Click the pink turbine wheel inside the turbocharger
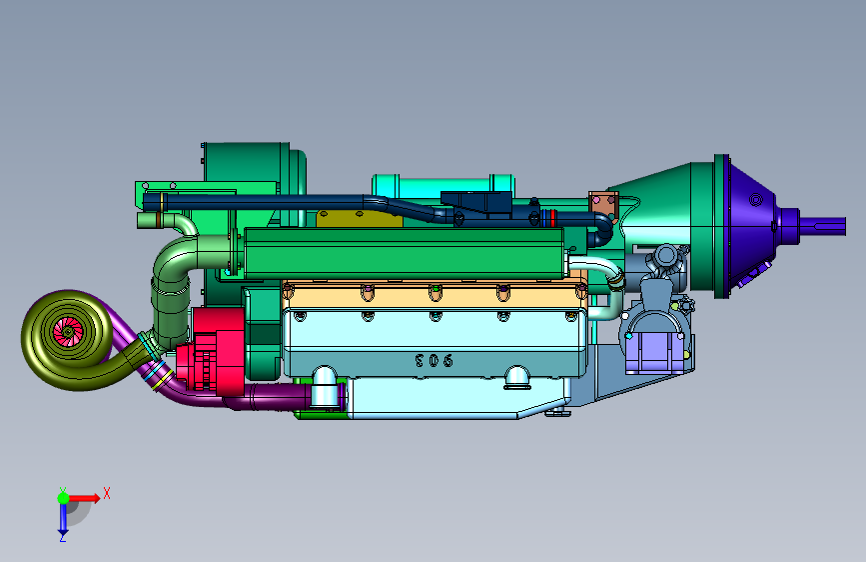(68, 332)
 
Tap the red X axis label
(107, 493)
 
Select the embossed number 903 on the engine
(434, 361)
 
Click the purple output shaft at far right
(823, 225)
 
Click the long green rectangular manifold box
(404, 253)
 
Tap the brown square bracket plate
(603, 207)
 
